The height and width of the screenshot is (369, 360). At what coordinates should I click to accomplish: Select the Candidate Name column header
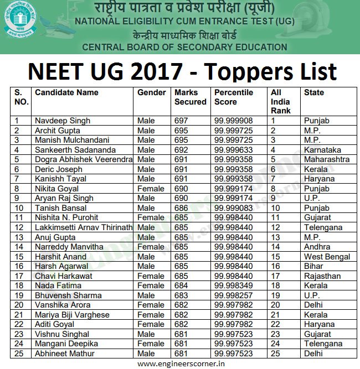(x=66, y=92)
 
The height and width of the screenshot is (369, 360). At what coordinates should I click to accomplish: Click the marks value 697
(x=181, y=121)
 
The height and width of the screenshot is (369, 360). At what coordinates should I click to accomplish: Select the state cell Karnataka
(x=322, y=150)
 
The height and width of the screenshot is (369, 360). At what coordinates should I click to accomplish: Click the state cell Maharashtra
(x=327, y=159)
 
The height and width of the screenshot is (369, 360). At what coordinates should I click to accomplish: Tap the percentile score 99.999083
(x=233, y=208)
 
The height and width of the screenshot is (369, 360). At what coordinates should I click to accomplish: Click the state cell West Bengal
(x=327, y=257)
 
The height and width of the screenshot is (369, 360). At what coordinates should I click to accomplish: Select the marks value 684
(x=181, y=286)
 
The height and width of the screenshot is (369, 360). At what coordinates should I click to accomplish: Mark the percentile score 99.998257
(x=233, y=295)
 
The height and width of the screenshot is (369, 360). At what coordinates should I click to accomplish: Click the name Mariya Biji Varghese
(x=72, y=315)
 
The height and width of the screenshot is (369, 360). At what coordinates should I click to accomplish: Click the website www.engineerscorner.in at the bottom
(x=181, y=363)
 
